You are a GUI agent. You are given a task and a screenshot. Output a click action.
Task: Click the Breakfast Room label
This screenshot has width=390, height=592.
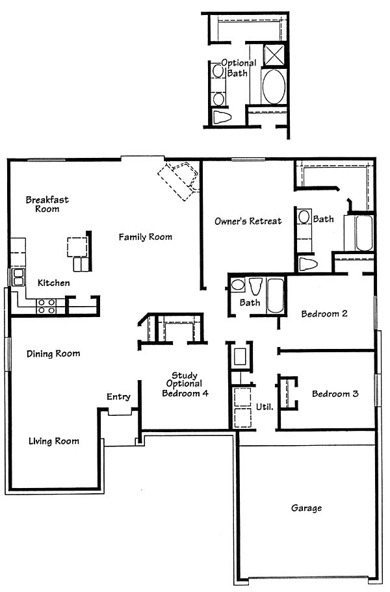pos(47,204)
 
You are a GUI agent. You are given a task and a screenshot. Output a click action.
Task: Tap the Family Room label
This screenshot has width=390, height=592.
pos(146,237)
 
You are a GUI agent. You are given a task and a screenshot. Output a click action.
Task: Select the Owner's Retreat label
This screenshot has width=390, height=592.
pos(248,221)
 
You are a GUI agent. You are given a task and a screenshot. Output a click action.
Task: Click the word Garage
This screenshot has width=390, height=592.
pos(306,508)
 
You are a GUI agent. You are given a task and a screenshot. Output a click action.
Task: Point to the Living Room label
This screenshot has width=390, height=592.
pos(54,441)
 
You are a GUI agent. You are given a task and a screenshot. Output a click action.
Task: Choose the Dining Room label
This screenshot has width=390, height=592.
pos(53,354)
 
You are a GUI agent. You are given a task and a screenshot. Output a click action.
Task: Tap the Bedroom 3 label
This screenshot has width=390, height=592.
pos(335,394)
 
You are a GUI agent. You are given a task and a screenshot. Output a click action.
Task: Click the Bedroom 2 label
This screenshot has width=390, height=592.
pos(324,314)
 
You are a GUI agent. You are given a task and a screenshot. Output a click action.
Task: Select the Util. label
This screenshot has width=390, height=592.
pos(265,407)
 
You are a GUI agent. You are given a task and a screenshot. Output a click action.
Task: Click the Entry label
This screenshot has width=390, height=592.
pos(118,397)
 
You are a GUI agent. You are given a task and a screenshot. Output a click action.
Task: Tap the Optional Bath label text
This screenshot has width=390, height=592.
pos(239,68)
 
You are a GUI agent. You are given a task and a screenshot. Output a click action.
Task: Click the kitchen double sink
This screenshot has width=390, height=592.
pos(18,277)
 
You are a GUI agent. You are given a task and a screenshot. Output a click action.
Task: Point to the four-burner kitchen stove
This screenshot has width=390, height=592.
pos(46,306)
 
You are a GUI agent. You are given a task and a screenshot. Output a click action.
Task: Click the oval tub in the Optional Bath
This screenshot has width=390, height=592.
pos(274,86)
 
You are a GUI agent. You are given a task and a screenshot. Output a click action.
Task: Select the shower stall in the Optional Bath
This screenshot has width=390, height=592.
pos(274,55)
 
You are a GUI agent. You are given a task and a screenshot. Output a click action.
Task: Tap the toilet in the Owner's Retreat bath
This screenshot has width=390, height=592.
pos(307,264)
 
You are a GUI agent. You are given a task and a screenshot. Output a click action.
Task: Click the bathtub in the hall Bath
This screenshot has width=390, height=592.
pos(275,296)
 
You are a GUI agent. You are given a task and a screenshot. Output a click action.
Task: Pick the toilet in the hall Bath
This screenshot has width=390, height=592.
pos(255,286)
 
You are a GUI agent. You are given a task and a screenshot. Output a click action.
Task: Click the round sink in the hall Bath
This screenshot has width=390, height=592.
pos(237,285)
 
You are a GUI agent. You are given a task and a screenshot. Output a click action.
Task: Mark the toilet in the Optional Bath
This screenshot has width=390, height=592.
pos(222,117)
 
